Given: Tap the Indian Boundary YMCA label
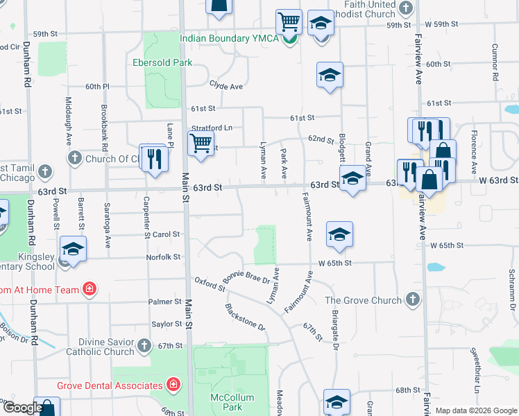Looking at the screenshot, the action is (x=230, y=38).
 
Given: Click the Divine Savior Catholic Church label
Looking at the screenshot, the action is (x=100, y=347).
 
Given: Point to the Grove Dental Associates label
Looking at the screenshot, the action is (x=110, y=384).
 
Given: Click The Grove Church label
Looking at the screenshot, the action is (x=363, y=300).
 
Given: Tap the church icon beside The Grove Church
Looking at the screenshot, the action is (x=412, y=300).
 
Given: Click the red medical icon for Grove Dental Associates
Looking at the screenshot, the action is (x=173, y=384).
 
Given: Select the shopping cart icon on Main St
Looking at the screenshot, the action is (x=201, y=144).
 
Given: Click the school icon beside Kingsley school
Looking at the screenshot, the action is (x=74, y=249).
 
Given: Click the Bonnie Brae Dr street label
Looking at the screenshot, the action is (x=246, y=278).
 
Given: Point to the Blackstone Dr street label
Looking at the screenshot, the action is (x=245, y=316).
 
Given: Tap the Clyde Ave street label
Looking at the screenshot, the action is (x=226, y=87).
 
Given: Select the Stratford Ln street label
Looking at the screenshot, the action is (x=212, y=128).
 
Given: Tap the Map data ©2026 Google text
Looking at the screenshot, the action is (x=475, y=410).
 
